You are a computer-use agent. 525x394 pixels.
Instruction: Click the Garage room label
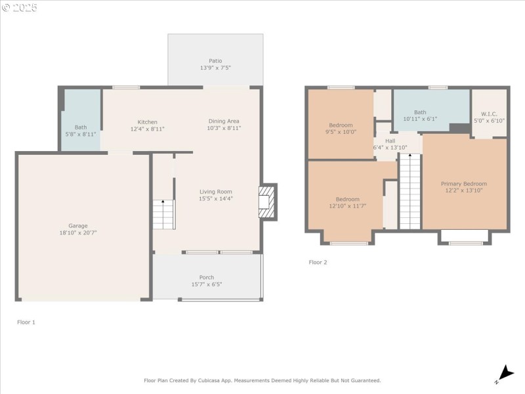click(78, 225)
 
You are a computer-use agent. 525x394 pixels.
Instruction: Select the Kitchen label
click(147, 121)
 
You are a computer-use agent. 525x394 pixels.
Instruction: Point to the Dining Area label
click(224, 121)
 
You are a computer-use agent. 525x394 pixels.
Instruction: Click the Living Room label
click(216, 192)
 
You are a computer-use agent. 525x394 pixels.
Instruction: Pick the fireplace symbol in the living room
click(265, 202)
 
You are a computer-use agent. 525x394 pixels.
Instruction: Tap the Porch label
click(207, 277)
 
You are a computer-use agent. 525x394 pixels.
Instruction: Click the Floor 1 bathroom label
click(80, 127)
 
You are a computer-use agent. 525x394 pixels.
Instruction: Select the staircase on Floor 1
click(164, 214)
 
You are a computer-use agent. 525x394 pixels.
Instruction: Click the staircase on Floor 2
click(409, 192)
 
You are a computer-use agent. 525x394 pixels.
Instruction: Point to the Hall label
click(390, 141)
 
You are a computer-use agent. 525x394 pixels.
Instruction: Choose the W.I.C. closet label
click(489, 113)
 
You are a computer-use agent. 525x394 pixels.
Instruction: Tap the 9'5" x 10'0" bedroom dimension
click(341, 132)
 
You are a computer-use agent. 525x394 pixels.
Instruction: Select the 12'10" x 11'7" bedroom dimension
click(347, 206)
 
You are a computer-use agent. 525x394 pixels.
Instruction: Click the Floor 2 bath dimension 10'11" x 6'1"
click(420, 119)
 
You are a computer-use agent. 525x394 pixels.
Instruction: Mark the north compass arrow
click(505, 372)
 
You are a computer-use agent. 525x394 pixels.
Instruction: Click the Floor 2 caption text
click(318, 262)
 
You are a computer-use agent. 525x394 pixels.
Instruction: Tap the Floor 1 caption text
click(26, 322)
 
